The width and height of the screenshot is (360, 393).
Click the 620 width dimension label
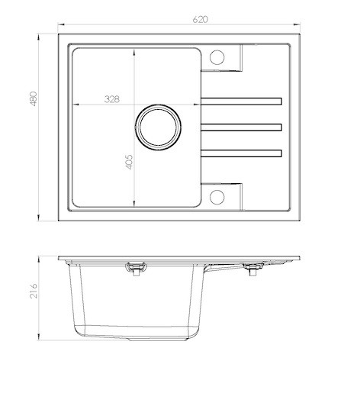tap(200, 19)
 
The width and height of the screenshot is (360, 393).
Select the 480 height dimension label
tap(34, 98)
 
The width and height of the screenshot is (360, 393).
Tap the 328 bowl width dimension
tap(111, 99)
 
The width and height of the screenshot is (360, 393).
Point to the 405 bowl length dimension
tap(129, 162)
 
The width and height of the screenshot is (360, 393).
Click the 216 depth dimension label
tap(34, 291)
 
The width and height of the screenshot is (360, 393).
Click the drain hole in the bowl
tap(158, 127)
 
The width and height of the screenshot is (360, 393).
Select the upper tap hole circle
tap(217, 57)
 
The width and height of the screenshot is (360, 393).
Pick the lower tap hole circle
tap(217, 197)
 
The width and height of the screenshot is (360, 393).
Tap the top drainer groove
tap(241, 101)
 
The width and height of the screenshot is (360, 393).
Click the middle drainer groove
tap(241, 127)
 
